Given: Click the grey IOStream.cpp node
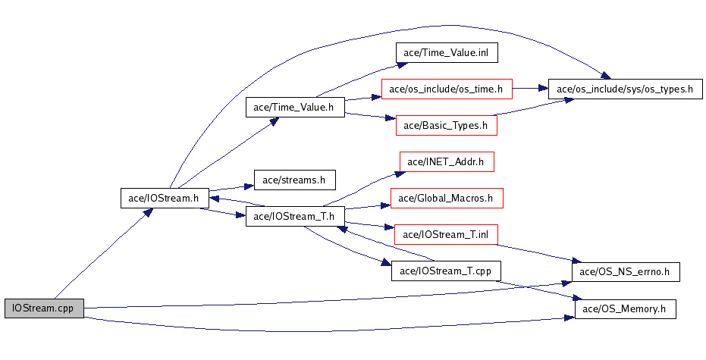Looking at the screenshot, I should tap(43, 308).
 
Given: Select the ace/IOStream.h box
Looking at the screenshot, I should tap(165, 199).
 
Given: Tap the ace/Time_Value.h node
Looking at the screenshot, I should tap(294, 107).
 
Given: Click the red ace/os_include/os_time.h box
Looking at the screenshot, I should tap(447, 89).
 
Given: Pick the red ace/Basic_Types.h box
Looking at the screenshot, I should tap(446, 125).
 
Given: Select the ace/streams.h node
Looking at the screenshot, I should tap(294, 180).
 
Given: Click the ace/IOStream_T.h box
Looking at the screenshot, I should tap(294, 216).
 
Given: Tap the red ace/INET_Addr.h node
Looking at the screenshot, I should tap(446, 161).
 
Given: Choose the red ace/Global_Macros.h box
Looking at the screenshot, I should tap(446, 199).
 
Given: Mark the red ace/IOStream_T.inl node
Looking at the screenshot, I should tap(446, 234).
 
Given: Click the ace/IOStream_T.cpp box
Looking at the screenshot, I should tap(446, 271).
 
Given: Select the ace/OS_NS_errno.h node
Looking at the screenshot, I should tap(624, 271).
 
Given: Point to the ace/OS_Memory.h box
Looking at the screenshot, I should tap(624, 308).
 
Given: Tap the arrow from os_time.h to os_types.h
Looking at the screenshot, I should tap(531, 89).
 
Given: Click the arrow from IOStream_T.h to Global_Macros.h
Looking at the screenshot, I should tap(368, 206).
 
